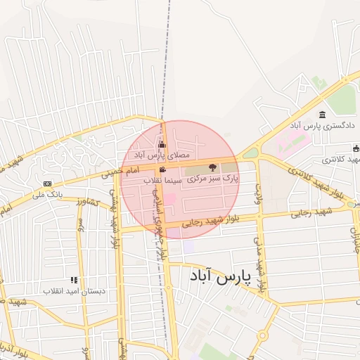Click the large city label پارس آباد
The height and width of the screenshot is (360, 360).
coord(220,276)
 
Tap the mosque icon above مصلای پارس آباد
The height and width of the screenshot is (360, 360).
coord(162,146)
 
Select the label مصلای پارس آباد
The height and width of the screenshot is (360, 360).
coord(148,153)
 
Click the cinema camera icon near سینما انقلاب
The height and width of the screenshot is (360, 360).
coord(162,169)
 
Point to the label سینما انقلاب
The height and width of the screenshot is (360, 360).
coord(164,181)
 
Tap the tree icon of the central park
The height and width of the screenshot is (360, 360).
coord(212,167)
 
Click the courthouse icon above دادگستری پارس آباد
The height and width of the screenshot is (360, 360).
coord(322,115)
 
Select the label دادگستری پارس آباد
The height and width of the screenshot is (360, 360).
coord(316,125)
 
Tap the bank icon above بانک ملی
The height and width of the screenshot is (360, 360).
coord(47,184)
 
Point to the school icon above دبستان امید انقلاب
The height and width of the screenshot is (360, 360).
coord(73,281)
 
